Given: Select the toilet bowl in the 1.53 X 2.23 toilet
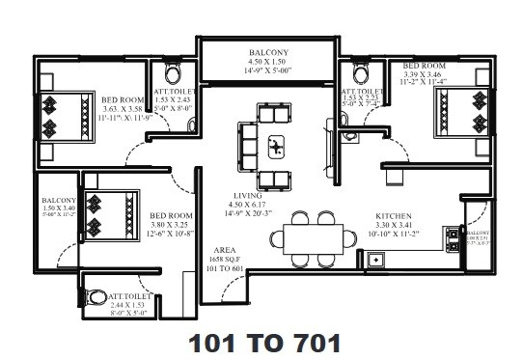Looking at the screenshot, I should click(x=360, y=72).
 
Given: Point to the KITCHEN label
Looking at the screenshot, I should click(x=394, y=217).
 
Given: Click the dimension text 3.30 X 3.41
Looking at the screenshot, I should click(x=394, y=227).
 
